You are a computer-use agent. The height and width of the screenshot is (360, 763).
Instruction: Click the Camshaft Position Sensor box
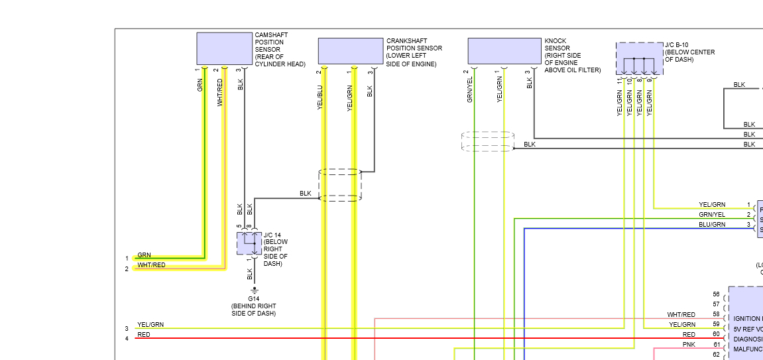pos(225,48)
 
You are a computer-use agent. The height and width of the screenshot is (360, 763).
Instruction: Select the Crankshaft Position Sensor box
pos(350,50)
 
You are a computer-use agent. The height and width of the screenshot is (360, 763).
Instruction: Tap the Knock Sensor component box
pos(504,50)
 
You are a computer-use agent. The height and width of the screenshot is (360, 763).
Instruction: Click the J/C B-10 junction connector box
pos(639,58)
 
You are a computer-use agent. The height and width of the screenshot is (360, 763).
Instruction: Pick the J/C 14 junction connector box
pos(249,243)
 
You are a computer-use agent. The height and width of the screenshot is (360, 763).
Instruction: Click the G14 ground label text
pos(253,299)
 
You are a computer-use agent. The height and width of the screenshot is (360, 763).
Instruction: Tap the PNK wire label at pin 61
pos(689,345)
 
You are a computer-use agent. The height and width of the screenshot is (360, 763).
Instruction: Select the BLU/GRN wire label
pos(712,225)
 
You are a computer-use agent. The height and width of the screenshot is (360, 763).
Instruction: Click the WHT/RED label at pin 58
pos(681,314)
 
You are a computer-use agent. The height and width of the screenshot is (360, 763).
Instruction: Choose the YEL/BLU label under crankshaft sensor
pos(320,97)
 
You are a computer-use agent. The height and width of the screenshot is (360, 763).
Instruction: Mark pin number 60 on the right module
pos(716,334)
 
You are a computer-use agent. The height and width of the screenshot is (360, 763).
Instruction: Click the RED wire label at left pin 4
pos(143,335)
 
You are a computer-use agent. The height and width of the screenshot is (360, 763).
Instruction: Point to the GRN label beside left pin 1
pos(144,255)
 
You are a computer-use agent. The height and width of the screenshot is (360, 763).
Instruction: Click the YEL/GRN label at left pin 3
pos(150,325)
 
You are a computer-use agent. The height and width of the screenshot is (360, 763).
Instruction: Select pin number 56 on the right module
pos(716,294)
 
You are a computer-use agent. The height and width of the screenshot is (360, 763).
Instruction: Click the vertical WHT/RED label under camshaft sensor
pos(219,92)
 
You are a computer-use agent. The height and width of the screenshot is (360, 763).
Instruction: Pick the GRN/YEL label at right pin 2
pos(712,215)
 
